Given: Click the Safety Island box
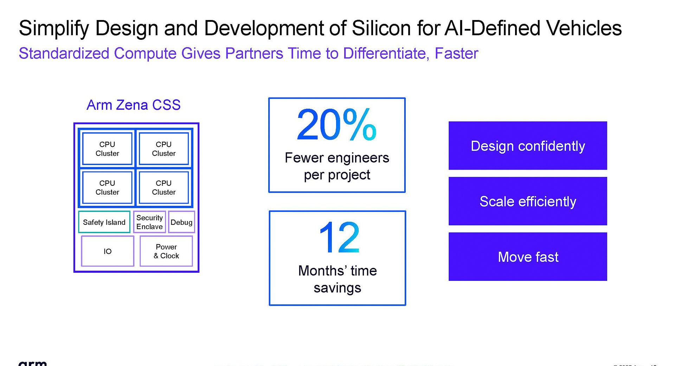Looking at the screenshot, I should pyautogui.click(x=104, y=222).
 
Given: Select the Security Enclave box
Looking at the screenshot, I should pyautogui.click(x=149, y=222).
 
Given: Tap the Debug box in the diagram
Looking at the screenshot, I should pyautogui.click(x=181, y=222).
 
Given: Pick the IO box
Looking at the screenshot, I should pyautogui.click(x=108, y=251).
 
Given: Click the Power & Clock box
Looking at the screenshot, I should pyautogui.click(x=166, y=251).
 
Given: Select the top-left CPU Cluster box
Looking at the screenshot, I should pyautogui.click(x=107, y=149).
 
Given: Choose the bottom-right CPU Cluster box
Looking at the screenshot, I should pyautogui.click(x=164, y=188).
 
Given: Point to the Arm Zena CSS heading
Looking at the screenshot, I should pyautogui.click(x=134, y=105).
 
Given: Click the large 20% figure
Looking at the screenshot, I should pyautogui.click(x=336, y=125).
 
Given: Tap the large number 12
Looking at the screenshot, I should pyautogui.click(x=339, y=238).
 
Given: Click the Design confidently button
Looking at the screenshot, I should pyautogui.click(x=528, y=146).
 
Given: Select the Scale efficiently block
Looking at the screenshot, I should pyautogui.click(x=528, y=201).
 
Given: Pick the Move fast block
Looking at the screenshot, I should pyautogui.click(x=528, y=257).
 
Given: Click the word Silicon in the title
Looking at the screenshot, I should pyautogui.click(x=381, y=28).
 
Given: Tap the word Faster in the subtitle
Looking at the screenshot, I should pyautogui.click(x=456, y=53).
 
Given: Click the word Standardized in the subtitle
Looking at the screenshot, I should pyautogui.click(x=64, y=53).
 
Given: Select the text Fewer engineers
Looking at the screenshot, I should pyautogui.click(x=337, y=158).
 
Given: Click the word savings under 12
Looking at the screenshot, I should pyautogui.click(x=337, y=288).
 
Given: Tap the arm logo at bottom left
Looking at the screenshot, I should pyautogui.click(x=32, y=362).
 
